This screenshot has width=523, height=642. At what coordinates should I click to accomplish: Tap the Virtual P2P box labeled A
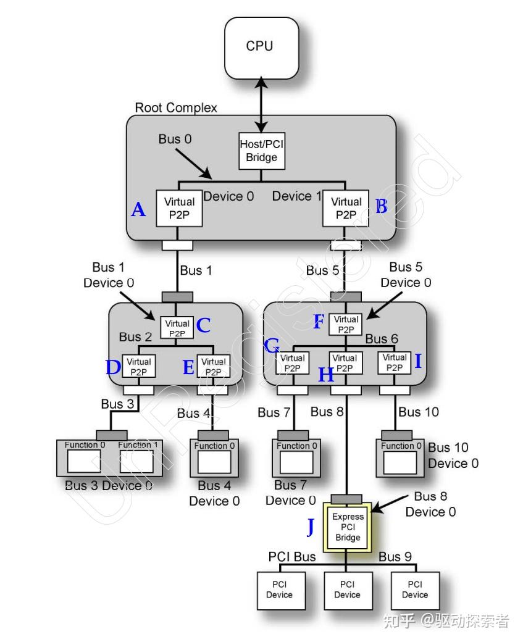(x=180, y=208)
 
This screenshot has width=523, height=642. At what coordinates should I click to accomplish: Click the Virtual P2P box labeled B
(x=346, y=208)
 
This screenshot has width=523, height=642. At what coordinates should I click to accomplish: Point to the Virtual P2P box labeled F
(x=345, y=324)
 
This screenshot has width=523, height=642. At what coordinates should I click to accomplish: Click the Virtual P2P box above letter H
(x=345, y=363)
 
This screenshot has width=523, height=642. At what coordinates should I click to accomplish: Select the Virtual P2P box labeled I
(x=395, y=362)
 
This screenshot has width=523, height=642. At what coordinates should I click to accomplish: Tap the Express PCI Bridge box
(x=348, y=527)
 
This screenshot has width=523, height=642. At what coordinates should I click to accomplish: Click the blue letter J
(x=311, y=527)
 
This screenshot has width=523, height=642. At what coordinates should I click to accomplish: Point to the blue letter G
(x=271, y=346)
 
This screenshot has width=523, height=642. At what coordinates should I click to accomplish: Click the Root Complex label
(x=176, y=107)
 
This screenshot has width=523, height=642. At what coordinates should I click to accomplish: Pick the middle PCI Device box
(x=347, y=590)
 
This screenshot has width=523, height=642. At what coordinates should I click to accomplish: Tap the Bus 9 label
(x=395, y=557)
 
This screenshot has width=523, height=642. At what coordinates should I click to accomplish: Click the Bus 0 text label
(x=175, y=139)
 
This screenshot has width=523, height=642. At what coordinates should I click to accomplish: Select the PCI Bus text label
(x=291, y=557)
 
